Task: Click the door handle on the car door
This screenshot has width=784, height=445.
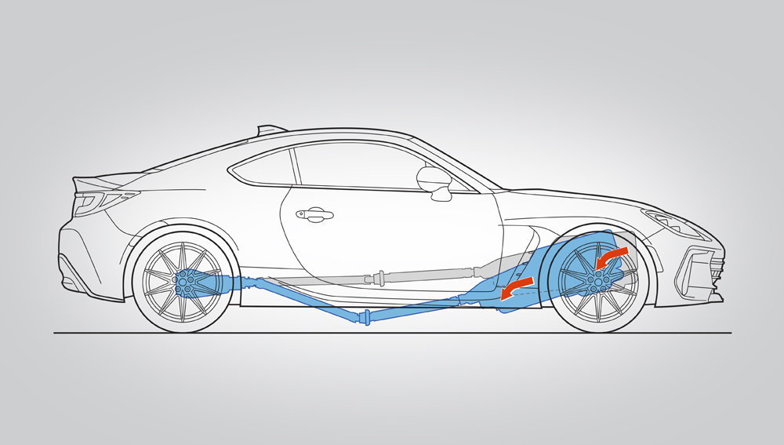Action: click(x=314, y=214)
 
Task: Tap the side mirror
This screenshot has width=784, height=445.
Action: click(x=434, y=180)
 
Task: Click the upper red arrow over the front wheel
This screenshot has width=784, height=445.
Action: click(x=611, y=256)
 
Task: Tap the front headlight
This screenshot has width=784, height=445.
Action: click(x=673, y=223)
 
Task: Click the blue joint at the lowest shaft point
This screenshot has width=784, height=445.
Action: click(x=364, y=317)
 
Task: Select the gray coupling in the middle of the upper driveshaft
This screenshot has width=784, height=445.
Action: click(x=379, y=276)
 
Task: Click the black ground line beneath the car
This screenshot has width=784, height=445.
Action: click(x=392, y=333)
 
